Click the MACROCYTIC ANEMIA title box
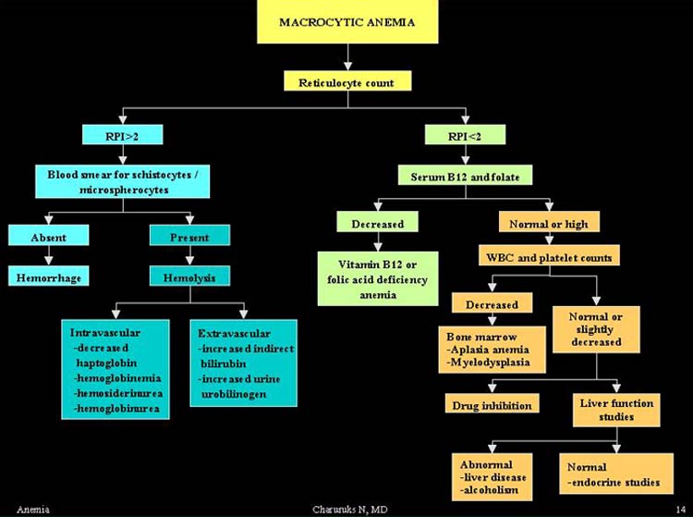347,21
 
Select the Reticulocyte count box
347,81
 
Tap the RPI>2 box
122,134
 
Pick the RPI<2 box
465,134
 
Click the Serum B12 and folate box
465,175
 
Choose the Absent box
49,235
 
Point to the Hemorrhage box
49,276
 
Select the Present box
189,235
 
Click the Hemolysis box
189,276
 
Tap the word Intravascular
105,333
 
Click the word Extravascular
235,334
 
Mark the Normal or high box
549,222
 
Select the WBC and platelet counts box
550,255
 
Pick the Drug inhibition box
492,403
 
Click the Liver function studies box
616,410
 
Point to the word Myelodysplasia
489,363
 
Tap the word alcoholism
489,490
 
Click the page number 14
681,510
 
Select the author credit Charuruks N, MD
350,510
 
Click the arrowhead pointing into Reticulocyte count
347,66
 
